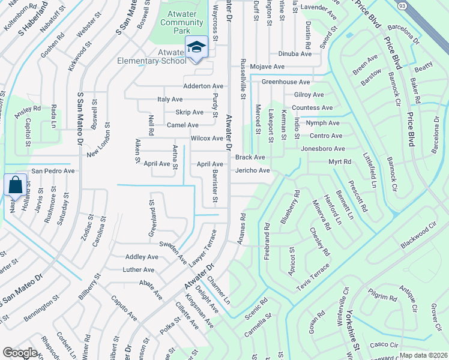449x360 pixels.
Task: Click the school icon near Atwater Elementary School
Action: [196, 47]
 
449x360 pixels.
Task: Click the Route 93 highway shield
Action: [400, 7]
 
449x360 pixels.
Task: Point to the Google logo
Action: [20, 353]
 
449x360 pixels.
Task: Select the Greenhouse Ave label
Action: [285, 82]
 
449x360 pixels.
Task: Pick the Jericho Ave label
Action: [252, 170]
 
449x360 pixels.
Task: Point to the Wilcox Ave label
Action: [206, 138]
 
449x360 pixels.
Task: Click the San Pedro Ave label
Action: [53, 170]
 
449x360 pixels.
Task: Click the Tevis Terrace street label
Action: [315, 281]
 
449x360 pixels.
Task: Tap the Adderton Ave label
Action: [203, 86]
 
